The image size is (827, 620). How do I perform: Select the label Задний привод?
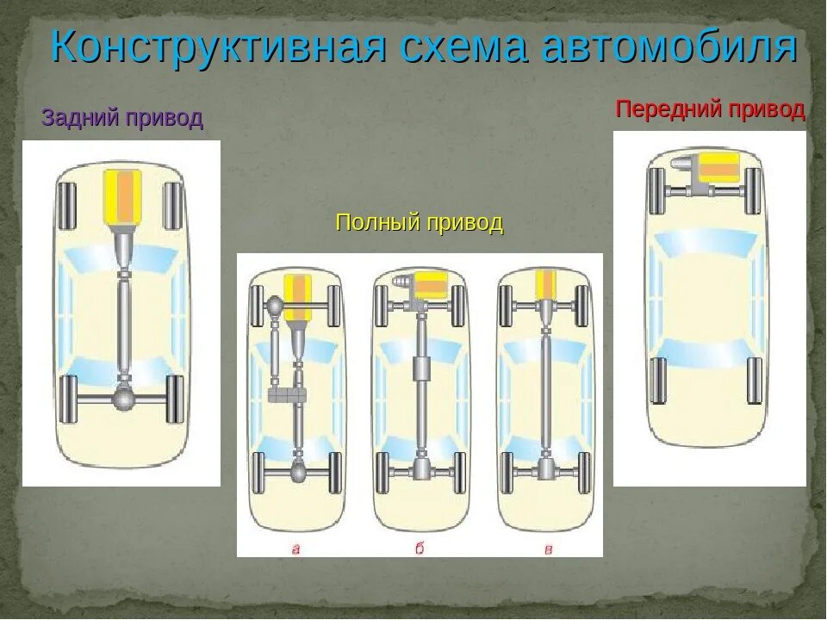(122, 118)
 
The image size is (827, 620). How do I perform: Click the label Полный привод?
(420, 223)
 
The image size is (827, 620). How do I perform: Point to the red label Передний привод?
(710, 109)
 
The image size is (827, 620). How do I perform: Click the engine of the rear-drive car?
(122, 197)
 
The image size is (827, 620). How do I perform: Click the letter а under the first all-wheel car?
(295, 548)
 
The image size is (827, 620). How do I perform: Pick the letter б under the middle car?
(420, 548)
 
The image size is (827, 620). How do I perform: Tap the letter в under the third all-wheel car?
(547, 548)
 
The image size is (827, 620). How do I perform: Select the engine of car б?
(430, 283)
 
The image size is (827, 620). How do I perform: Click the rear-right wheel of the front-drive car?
(755, 381)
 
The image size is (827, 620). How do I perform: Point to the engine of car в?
(545, 284)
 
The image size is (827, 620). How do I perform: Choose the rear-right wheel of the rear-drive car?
(175, 399)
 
